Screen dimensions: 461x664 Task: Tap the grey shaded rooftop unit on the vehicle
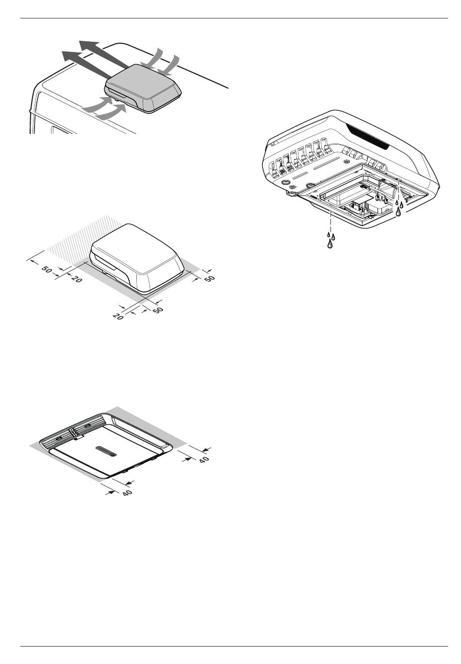(x=143, y=88)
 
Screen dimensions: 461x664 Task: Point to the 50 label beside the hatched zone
(x=47, y=270)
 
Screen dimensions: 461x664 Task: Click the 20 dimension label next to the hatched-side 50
(x=77, y=279)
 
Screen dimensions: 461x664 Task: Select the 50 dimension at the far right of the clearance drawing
(x=209, y=278)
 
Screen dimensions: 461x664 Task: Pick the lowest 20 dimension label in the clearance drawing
(x=118, y=316)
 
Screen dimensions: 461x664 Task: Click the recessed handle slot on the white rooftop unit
(x=106, y=263)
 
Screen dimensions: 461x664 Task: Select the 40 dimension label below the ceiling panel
(x=127, y=492)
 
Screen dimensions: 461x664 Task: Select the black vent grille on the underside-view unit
(x=367, y=136)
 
